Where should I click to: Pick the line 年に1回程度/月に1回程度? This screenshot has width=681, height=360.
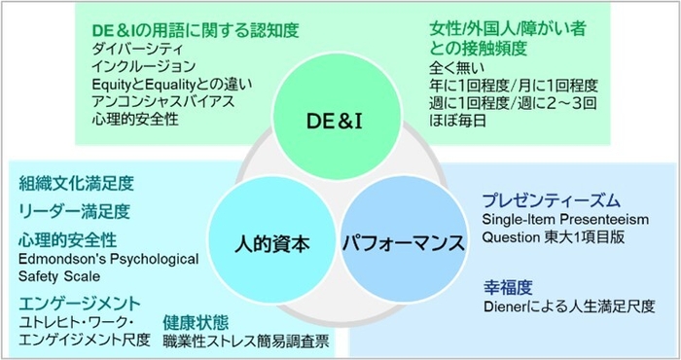[x=514, y=86]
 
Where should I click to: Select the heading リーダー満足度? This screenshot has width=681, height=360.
[x=73, y=210]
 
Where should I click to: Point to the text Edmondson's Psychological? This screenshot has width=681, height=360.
[x=108, y=259]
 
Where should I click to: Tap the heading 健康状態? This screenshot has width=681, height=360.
[x=196, y=321]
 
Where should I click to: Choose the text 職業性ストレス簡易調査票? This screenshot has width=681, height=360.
[x=245, y=341]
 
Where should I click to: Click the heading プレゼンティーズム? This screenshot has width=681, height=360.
[x=551, y=200]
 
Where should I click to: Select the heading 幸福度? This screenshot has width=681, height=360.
[x=507, y=287]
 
